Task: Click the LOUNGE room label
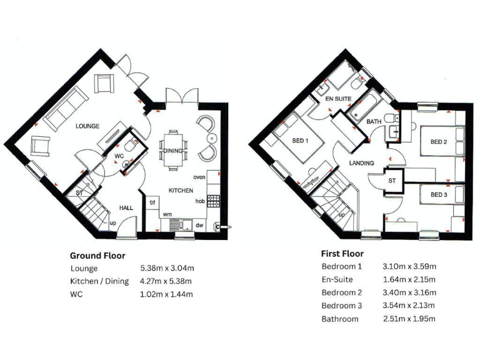87,126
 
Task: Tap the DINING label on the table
172,151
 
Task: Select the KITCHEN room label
180,190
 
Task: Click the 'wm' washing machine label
167,214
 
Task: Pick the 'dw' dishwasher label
199,226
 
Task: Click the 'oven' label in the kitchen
199,177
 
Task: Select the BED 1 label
301,141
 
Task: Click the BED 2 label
439,142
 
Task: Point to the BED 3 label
439,195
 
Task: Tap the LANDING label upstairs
361,163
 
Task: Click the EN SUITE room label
338,99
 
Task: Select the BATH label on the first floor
374,121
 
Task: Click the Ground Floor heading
97,255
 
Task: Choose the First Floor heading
342,254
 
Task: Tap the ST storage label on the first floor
392,181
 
